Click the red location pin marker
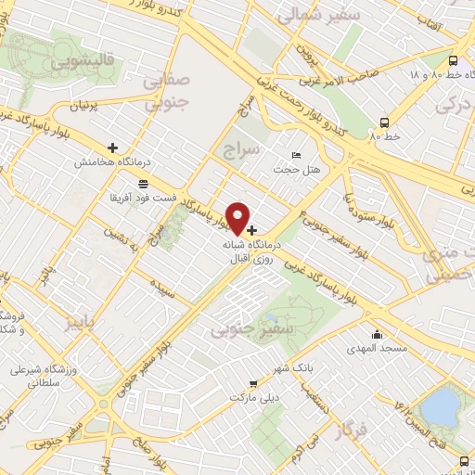pos(238,218)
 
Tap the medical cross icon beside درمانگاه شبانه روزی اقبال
pos(252,228)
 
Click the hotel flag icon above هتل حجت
pos(297,154)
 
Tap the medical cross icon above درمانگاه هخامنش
pos(113,147)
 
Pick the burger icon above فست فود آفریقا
pos(142,183)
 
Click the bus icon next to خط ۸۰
pos(384,122)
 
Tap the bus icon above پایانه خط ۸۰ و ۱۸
pos(453,58)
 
